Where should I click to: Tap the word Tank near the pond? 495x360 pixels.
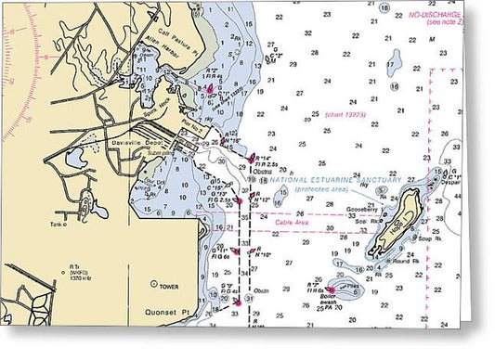pyautogui.click(x=60, y=224)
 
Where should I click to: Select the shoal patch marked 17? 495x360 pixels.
pyautogui.click(x=392, y=62)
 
